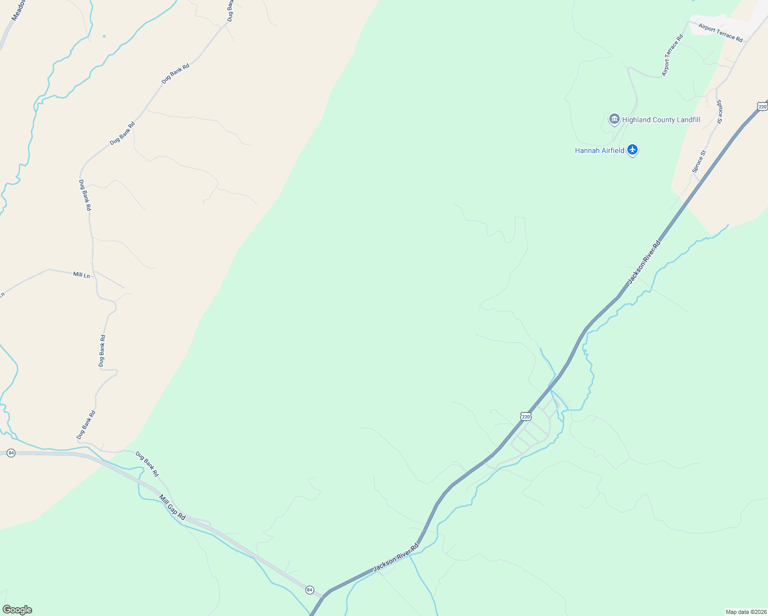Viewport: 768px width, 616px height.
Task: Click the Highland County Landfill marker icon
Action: (x=614, y=120)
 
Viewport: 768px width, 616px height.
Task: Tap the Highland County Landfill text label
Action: (x=661, y=120)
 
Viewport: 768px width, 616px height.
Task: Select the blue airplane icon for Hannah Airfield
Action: (x=632, y=150)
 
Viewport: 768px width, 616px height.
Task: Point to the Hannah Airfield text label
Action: (x=600, y=150)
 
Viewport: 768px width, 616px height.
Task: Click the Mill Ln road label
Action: (x=81, y=275)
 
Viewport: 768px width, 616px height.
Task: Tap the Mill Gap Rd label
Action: (x=172, y=508)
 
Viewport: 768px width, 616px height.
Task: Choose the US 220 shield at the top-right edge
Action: (x=762, y=107)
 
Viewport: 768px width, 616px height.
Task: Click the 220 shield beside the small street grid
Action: (x=525, y=416)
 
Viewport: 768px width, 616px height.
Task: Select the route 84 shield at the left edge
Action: (x=11, y=453)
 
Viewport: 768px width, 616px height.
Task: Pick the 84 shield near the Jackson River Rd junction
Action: (x=310, y=590)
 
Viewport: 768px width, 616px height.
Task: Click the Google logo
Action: (x=17, y=610)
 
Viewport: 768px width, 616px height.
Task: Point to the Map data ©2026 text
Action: (x=745, y=612)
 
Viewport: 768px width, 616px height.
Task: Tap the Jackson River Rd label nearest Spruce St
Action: (x=644, y=262)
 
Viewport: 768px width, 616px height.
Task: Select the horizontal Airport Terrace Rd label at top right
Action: (x=720, y=32)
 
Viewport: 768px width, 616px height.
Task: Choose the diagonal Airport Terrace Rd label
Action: (x=673, y=55)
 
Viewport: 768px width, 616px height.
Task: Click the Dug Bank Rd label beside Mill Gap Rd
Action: (x=147, y=463)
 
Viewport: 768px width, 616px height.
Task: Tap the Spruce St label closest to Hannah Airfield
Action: (x=699, y=161)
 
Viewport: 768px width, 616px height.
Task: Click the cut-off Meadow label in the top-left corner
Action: (x=15, y=10)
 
